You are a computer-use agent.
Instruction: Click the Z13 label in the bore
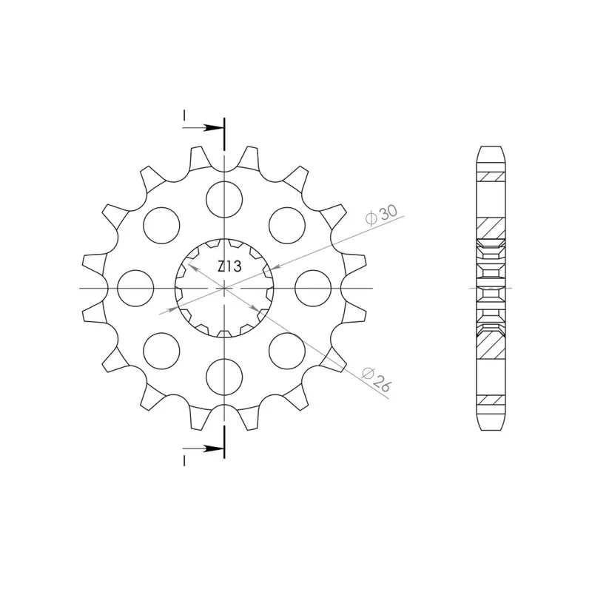tap(229, 266)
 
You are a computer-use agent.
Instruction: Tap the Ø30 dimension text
tap(381, 215)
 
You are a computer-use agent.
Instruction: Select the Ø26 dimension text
tap(377, 379)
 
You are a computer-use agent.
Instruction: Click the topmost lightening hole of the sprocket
tap(224, 199)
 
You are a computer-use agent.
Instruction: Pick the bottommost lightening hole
tap(224, 377)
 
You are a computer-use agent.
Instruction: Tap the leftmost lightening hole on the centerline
tap(135, 288)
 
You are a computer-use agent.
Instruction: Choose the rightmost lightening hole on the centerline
tap(313, 288)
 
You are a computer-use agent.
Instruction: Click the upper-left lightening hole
tap(161, 226)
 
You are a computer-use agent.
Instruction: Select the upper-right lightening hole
tap(287, 226)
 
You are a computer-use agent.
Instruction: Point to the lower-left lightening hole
tap(161, 351)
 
